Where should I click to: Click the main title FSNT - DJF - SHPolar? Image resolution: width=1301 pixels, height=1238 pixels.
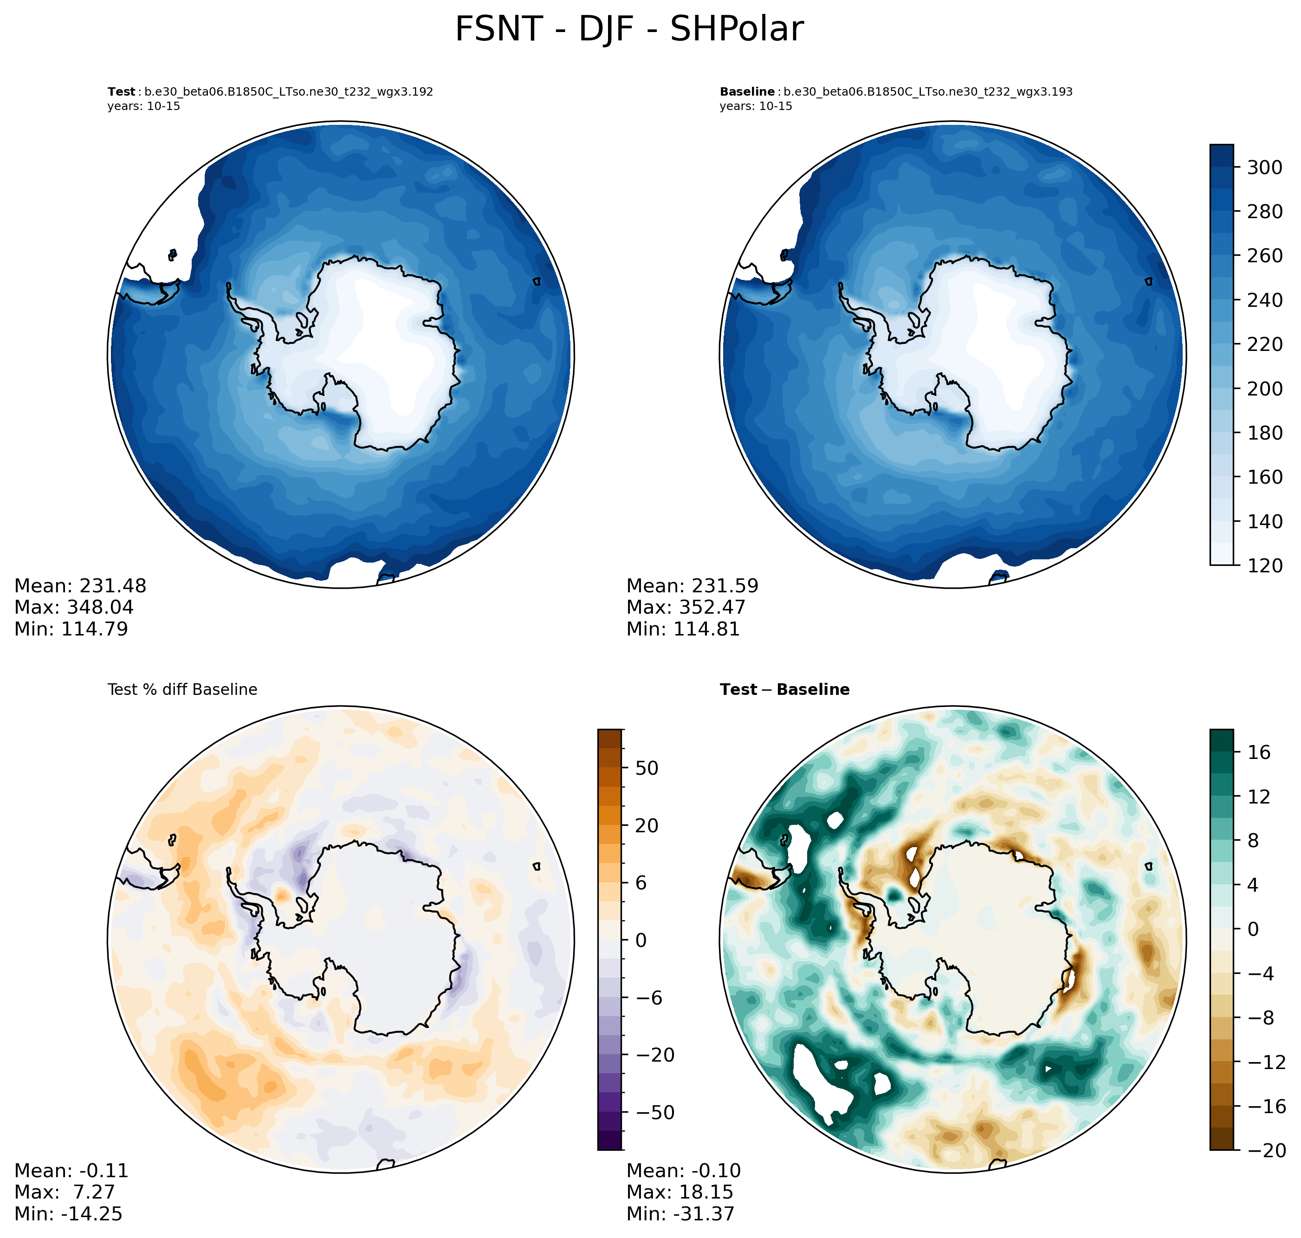(629, 30)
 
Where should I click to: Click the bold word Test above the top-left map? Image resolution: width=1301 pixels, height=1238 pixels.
(122, 92)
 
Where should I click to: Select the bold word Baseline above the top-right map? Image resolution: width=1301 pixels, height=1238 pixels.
(747, 92)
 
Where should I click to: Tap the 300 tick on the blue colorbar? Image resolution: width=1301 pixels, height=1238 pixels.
(1264, 168)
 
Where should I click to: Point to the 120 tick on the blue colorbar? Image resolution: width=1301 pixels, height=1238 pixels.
(1264, 565)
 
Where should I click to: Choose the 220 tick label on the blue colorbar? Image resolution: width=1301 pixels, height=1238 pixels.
(1264, 344)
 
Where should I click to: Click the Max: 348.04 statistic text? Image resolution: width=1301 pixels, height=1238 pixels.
(74, 607)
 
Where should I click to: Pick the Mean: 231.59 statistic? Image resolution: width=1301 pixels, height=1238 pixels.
(692, 586)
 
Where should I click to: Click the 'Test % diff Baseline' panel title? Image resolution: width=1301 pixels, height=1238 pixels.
(182, 690)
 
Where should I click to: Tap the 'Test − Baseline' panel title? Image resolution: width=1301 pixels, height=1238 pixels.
(784, 690)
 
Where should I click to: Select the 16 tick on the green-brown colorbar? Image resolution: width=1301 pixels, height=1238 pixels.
(1259, 752)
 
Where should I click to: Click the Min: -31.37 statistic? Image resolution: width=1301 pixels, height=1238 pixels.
(680, 1213)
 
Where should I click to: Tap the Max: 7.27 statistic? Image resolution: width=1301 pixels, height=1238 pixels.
(65, 1192)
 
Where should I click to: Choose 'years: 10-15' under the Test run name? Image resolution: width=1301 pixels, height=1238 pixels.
(144, 106)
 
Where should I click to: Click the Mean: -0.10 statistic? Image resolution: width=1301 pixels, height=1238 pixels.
(684, 1171)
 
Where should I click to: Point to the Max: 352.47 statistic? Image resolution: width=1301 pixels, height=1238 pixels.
(686, 607)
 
